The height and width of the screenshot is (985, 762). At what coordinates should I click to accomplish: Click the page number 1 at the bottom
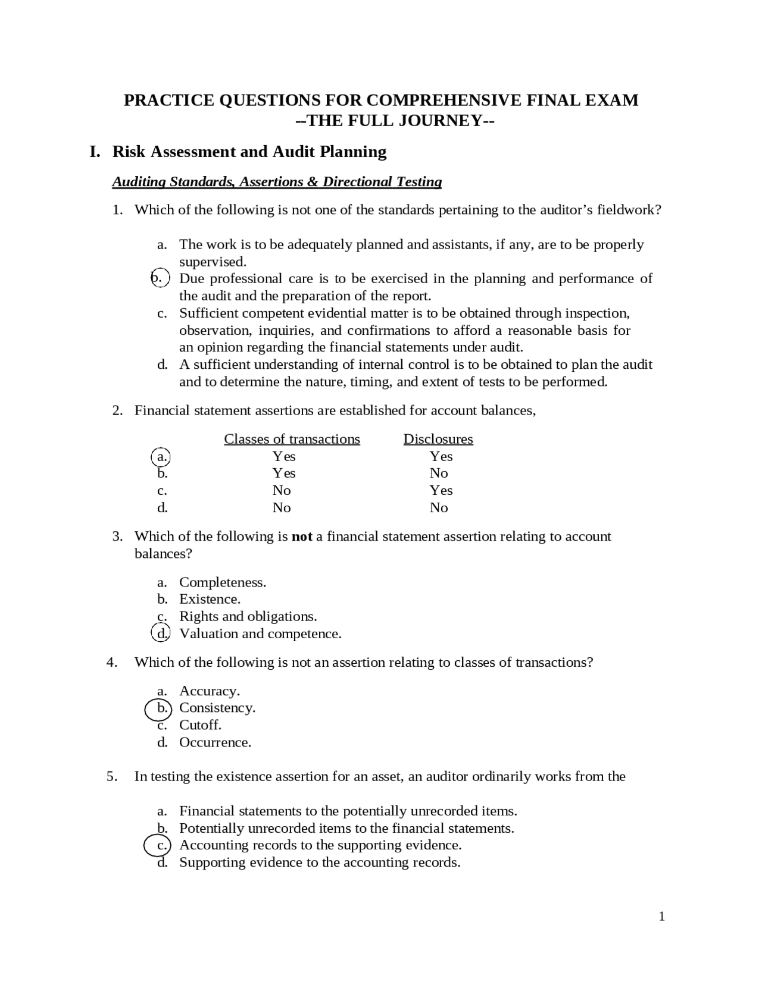pyautogui.click(x=661, y=917)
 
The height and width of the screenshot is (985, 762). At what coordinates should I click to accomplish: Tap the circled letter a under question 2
pyautogui.click(x=161, y=456)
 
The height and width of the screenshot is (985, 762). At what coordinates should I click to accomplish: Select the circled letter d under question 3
pyautogui.click(x=161, y=633)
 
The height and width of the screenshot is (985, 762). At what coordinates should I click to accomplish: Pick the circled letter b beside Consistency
pyautogui.click(x=160, y=708)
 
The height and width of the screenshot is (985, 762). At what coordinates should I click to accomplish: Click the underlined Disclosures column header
pyautogui.click(x=438, y=439)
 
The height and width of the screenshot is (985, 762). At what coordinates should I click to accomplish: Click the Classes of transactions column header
pyautogui.click(x=292, y=439)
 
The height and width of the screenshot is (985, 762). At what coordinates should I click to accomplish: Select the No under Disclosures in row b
pyautogui.click(x=439, y=473)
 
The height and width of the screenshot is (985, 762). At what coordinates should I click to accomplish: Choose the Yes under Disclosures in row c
pyautogui.click(x=441, y=490)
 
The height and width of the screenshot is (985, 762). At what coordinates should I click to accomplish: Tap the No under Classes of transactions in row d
pyautogui.click(x=282, y=507)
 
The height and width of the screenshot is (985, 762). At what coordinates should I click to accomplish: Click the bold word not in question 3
pyautogui.click(x=302, y=537)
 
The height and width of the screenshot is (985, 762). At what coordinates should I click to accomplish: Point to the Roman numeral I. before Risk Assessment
pyautogui.click(x=95, y=152)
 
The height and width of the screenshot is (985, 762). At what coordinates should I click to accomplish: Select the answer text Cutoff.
pyautogui.click(x=200, y=725)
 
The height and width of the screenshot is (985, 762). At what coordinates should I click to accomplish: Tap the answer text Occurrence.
pyautogui.click(x=215, y=742)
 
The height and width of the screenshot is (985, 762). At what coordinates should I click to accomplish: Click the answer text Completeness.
pyautogui.click(x=223, y=582)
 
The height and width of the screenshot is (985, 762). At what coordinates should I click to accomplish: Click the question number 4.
pyautogui.click(x=112, y=663)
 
